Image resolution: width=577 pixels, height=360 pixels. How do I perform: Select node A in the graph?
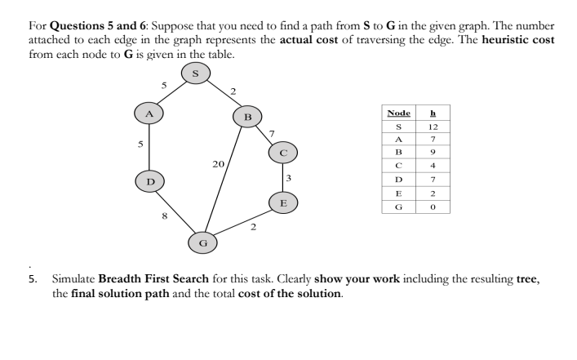(x=150, y=113)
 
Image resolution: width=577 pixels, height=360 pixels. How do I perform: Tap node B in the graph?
(x=248, y=118)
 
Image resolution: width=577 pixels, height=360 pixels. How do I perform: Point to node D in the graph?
(x=150, y=179)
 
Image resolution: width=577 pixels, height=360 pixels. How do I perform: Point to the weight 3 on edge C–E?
(x=290, y=178)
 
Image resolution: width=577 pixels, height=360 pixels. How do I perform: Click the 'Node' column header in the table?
(x=399, y=113)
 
